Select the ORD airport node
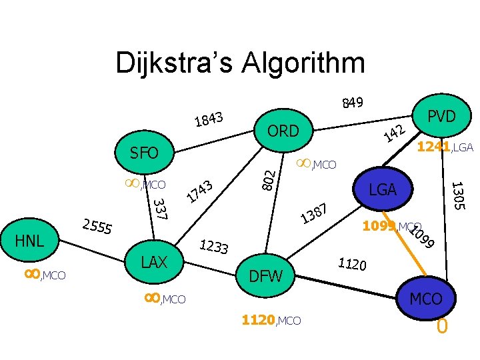click(x=283, y=130)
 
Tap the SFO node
click(x=145, y=153)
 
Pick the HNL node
click(x=31, y=240)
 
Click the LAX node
click(x=154, y=261)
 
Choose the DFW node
click(x=265, y=275)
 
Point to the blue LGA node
click(x=383, y=190)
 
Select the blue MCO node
click(x=426, y=299)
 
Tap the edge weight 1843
click(x=209, y=119)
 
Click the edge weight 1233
click(x=215, y=247)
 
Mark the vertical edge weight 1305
click(x=458, y=195)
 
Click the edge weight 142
click(x=395, y=133)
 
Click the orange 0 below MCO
click(x=441, y=327)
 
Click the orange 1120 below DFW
click(x=258, y=321)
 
